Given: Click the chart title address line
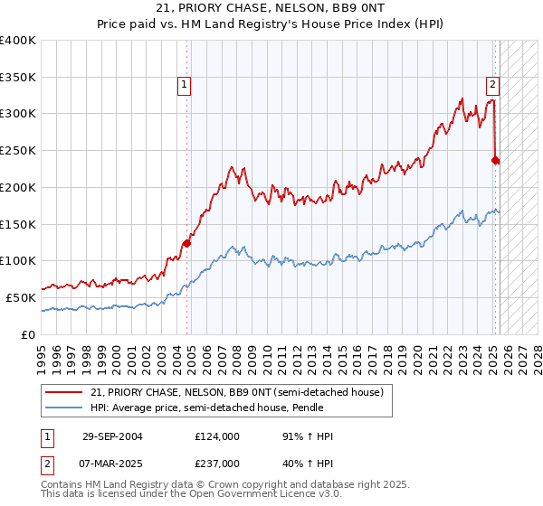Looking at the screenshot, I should coord(271,8).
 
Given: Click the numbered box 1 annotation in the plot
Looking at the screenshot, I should coord(184,85).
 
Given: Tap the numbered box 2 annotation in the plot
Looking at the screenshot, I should coord(492,85).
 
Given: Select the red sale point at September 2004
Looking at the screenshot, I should coord(187,242).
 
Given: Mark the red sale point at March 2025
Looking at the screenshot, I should coord(495,160).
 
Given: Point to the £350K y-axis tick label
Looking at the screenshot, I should coord(18,78).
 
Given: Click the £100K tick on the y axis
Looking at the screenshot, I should coord(18,261).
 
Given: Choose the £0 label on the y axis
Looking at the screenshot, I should coord(29,334).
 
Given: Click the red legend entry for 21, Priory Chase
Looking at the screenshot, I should coord(237,392).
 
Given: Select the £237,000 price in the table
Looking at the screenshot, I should coord(216,464).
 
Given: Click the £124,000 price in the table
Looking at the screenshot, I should coord(216,436).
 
